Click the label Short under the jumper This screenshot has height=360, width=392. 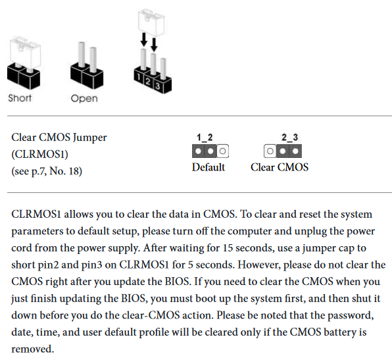tap(20, 98)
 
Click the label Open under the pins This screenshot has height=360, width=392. tap(84, 99)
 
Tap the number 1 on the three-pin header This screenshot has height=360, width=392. tap(139, 77)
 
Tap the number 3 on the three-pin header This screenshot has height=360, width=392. tap(157, 86)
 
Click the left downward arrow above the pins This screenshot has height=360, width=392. tap(144, 39)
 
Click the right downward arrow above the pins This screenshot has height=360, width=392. tap(154, 45)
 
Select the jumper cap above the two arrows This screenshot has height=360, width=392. tap(151, 22)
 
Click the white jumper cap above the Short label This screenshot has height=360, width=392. tap(25, 53)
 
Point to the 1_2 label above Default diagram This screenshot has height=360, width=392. tap(205, 138)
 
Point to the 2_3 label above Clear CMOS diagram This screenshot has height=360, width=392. tap(290, 138)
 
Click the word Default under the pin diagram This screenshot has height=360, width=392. tap(208, 167)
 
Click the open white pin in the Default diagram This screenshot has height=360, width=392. tap(223, 151)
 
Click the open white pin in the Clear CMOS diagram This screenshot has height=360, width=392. tap(270, 151)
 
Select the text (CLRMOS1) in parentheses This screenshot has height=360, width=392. tap(39, 155)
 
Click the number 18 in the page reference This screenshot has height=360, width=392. tap(74, 171)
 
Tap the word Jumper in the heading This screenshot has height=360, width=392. tap(89, 138)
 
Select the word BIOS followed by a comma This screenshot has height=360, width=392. tap(134, 298)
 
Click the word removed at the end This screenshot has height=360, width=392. tap(32, 349)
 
